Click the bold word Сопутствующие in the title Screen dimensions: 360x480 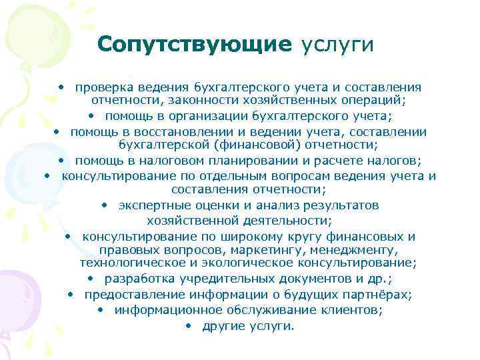(195, 45)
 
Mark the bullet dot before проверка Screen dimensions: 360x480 (61, 87)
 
